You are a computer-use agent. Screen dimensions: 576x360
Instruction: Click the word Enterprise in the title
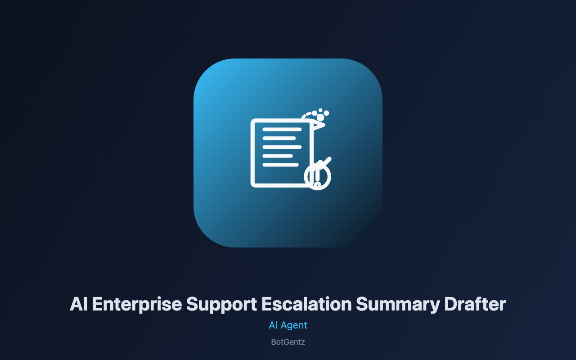pos(137,304)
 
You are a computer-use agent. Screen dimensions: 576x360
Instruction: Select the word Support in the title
pos(221,305)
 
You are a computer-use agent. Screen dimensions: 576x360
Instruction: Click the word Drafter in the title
pos(475,304)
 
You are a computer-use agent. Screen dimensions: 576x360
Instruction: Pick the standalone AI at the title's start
pos(79,304)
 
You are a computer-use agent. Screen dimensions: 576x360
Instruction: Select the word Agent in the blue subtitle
pos(294,325)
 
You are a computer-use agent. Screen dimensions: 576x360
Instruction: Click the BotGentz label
pos(288,342)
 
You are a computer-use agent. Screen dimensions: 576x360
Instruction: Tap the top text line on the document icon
pos(282,129)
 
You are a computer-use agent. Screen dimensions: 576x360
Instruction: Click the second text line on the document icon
pos(279,138)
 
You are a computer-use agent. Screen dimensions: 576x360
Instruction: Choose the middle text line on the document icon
pos(282,147)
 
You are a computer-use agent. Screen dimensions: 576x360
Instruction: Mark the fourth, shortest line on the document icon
pos(278,156)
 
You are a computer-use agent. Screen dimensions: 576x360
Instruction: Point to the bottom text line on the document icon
pos(280,165)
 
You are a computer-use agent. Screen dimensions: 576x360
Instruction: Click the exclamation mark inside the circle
pos(317,177)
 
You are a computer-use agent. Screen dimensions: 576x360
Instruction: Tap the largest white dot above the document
pos(320,117)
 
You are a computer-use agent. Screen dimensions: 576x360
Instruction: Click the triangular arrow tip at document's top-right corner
pos(319,125)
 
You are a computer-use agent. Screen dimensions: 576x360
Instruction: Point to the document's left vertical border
pos(252,153)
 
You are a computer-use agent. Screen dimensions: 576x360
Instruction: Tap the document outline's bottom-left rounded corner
pos(253,185)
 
